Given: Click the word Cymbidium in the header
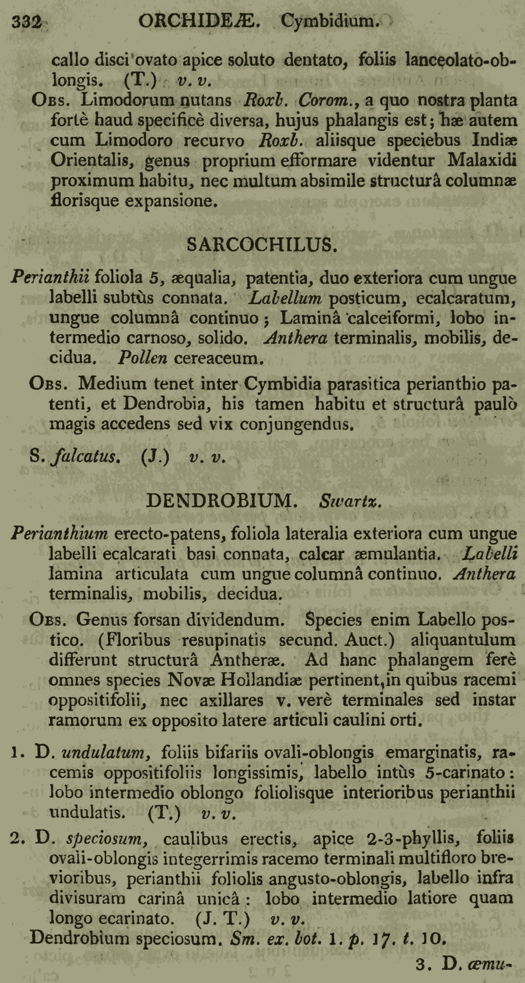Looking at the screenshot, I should point(329,22).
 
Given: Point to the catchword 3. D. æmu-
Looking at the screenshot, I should point(463,964).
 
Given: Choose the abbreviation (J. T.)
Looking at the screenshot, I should point(223,918).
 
